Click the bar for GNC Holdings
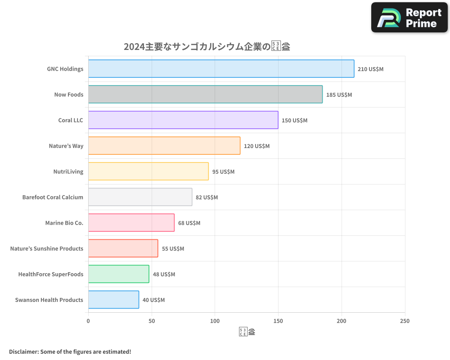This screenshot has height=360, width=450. pos(221,69)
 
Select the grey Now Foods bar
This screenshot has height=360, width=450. pos(205,94)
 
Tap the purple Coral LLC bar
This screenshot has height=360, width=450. pos(183,120)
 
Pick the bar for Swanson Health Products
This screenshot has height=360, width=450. pos(113,300)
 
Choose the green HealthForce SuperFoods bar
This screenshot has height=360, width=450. pos(118,274)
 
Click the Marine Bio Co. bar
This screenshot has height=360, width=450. pos(131,223)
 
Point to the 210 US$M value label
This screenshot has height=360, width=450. pos(370,69)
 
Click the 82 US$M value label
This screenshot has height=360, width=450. pos(207,198)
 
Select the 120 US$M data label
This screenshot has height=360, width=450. pos(256,146)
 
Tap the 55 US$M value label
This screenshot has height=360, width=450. pos(173,249)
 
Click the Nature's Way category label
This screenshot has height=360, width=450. pos(66,146)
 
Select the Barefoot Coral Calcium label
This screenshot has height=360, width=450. pos(53,197)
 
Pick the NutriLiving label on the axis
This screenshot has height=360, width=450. pos(68,171)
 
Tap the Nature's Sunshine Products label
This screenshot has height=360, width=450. pos(47,248)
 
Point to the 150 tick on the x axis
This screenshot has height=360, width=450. pos(278,321)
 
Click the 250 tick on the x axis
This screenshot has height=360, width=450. pos(405,321)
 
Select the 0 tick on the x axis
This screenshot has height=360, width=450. pos(88,321)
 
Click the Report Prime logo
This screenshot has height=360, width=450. pos(409,18)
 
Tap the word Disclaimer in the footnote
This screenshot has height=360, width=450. pos(23,351)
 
